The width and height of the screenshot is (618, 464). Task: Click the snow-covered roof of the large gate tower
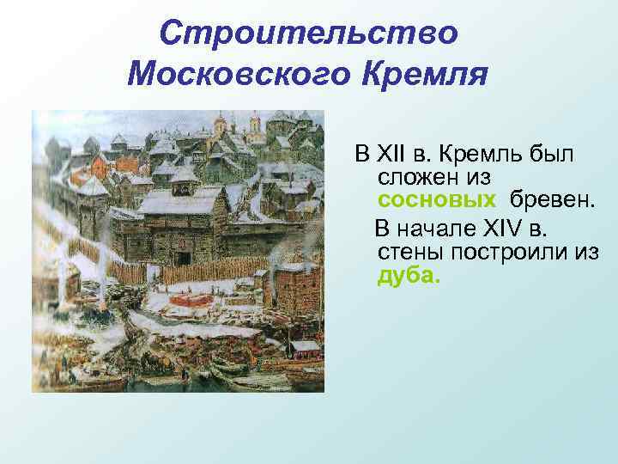coord(180,202)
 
